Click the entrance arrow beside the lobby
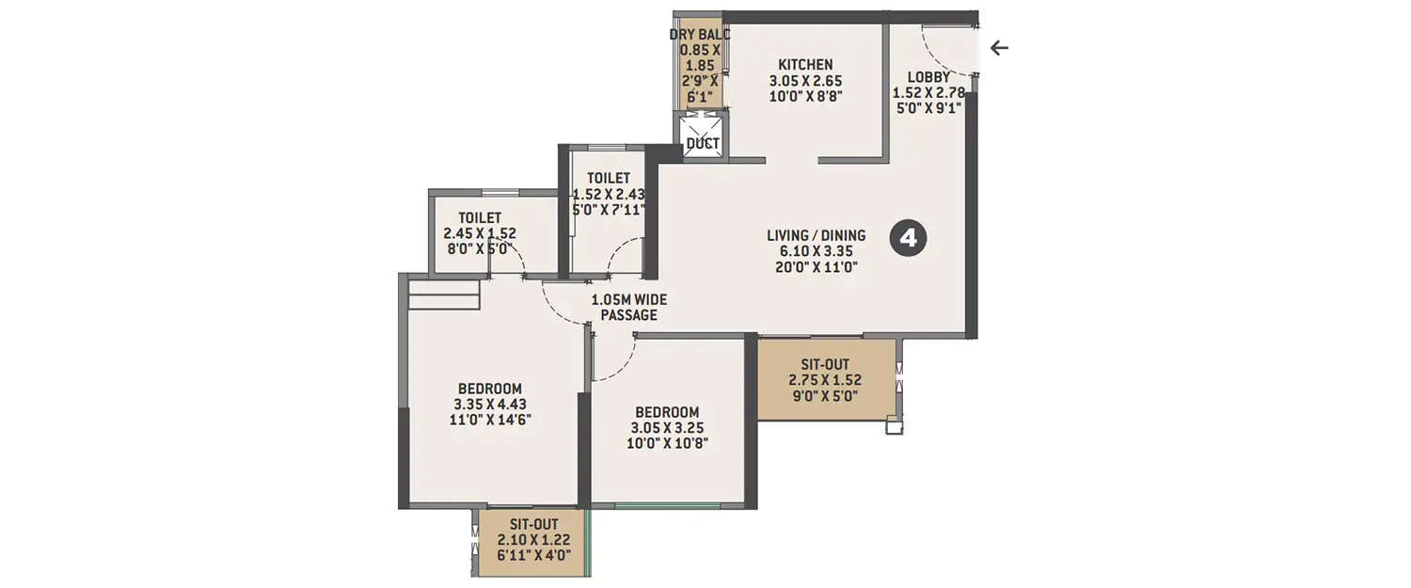[x=999, y=48]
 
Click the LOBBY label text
[x=927, y=77]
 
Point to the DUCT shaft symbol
[x=703, y=135]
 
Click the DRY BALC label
[x=699, y=35]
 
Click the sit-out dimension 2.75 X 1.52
[x=826, y=380]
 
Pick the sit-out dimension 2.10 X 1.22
[x=533, y=540]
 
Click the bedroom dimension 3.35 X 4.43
[x=488, y=405]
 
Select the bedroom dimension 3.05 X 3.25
[x=667, y=428]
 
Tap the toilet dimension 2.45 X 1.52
[x=480, y=234]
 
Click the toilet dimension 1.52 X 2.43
[x=608, y=194]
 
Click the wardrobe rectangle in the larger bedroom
[x=444, y=294]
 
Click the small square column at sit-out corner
[x=894, y=425]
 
